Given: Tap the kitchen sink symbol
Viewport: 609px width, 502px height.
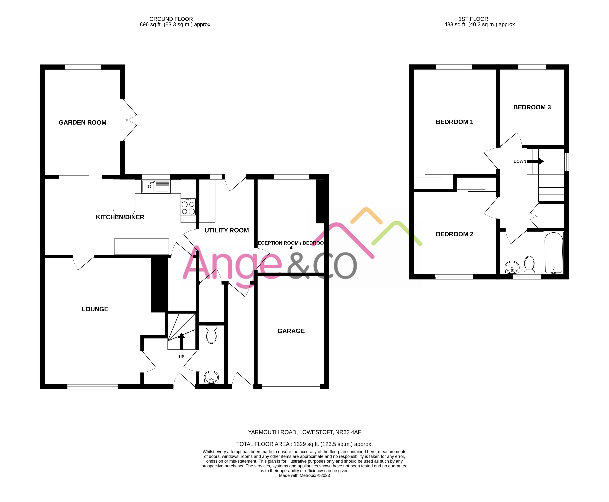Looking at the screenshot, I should pyautogui.click(x=155, y=187).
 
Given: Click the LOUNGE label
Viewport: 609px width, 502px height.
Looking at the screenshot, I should pyautogui.click(x=95, y=309).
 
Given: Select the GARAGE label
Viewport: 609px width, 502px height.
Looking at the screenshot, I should pyautogui.click(x=291, y=331).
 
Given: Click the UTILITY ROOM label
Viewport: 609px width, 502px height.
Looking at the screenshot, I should pyautogui.click(x=226, y=231).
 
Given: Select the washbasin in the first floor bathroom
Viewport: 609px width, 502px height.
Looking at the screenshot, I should pyautogui.click(x=512, y=268).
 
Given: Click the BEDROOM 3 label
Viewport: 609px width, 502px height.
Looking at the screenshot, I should pyautogui.click(x=532, y=107).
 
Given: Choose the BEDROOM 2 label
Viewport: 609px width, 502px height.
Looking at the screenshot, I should pyautogui.click(x=454, y=234).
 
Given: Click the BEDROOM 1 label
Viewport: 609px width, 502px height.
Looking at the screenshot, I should pyautogui.click(x=454, y=122).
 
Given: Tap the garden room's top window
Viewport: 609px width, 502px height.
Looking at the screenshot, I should pyautogui.click(x=83, y=67).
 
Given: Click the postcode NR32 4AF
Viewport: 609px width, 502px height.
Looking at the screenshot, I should pyautogui.click(x=348, y=432).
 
